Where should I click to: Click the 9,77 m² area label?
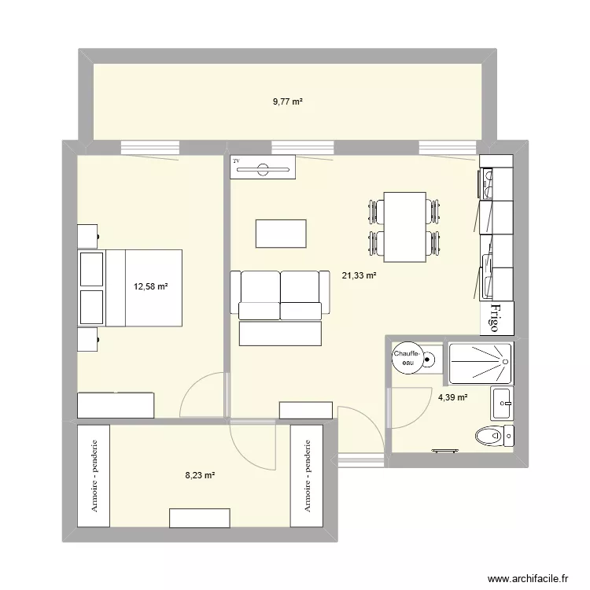point(288,101)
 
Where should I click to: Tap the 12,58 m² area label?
point(151,286)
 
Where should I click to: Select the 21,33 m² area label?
point(359,275)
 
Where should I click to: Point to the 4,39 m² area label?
point(452,398)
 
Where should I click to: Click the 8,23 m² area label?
point(200,474)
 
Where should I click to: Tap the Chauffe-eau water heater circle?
point(407,358)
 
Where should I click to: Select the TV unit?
point(263,167)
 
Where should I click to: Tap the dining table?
point(404,227)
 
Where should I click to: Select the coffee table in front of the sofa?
point(281,234)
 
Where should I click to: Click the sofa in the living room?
point(279,297)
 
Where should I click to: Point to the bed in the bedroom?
point(142,287)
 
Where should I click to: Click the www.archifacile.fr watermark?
point(528,577)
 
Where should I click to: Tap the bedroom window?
point(150,147)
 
